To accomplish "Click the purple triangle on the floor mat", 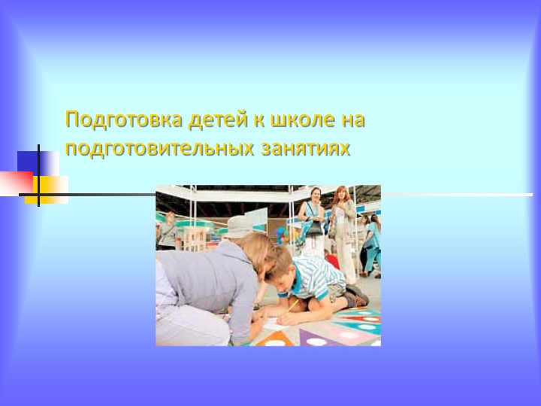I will click(x=315, y=335).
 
